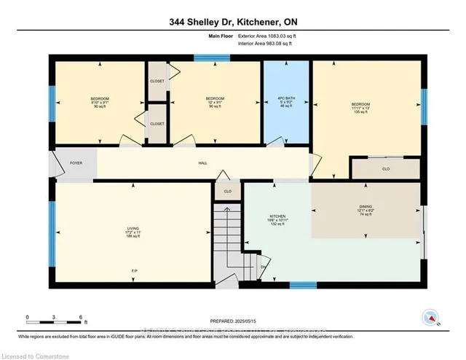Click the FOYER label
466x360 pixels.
(x=76, y=163)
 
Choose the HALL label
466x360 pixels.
(x=202, y=163)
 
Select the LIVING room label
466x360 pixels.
(x=133, y=232)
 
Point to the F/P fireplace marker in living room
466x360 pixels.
(x=134, y=271)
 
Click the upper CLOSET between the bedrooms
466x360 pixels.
(x=157, y=81)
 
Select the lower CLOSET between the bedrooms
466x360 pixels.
(x=157, y=124)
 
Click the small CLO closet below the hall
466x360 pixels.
(x=227, y=192)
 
